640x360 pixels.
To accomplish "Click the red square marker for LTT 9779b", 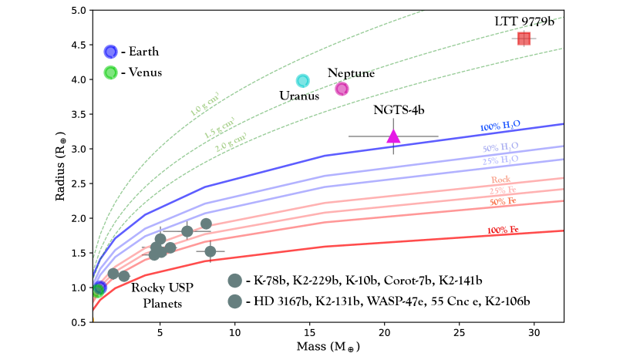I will (524, 39).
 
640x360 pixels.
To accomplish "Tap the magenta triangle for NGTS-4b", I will (393, 136).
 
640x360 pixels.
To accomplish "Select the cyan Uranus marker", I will (303, 81).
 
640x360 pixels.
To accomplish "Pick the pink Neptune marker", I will (342, 89).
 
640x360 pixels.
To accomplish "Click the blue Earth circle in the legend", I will (110, 52).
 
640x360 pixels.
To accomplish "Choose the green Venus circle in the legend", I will (110, 72).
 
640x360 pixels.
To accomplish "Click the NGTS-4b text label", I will (399, 111).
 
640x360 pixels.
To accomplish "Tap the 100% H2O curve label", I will (499, 126).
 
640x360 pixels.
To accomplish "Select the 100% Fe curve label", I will (503, 230).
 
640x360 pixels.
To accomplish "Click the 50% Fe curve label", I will (503, 201).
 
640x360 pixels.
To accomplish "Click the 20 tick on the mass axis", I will (385, 332).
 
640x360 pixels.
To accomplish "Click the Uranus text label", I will (299, 96).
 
